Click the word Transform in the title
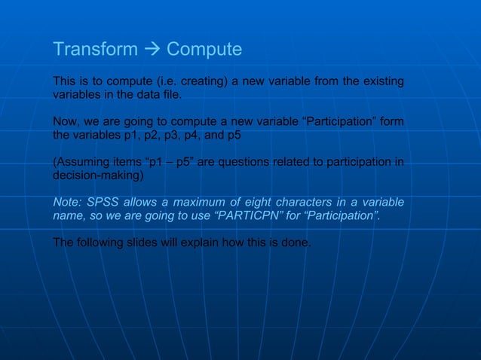(95, 50)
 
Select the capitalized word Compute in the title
(204, 50)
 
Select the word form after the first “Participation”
(391, 122)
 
